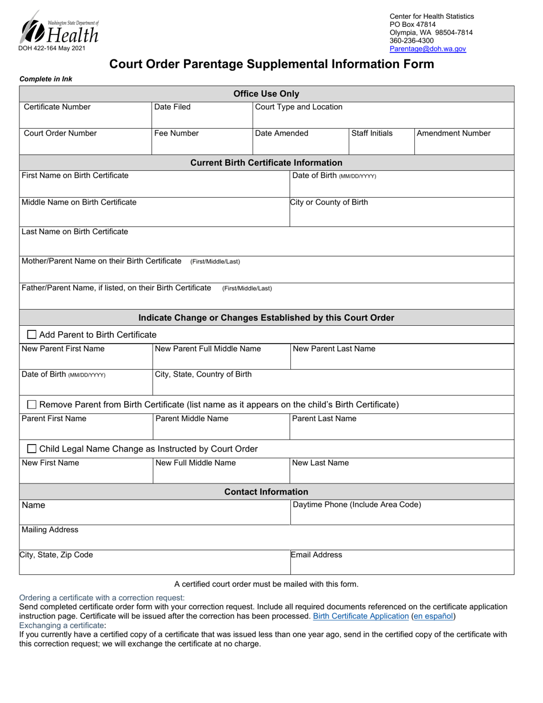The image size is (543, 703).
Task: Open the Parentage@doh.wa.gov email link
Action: [x=428, y=49]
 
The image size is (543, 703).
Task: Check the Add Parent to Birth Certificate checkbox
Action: [x=32, y=334]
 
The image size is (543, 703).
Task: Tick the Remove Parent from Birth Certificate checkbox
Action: [x=32, y=405]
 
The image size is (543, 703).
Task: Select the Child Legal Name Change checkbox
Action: [x=32, y=449]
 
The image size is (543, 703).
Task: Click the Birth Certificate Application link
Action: [x=361, y=616]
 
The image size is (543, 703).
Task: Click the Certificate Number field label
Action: [x=57, y=107]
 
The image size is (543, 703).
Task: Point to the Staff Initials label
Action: [x=372, y=134]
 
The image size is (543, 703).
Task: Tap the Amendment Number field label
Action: [x=453, y=134]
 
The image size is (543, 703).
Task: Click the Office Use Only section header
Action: [x=266, y=94]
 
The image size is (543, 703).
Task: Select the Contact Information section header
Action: [x=266, y=492]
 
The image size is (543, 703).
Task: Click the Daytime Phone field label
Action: [x=357, y=505]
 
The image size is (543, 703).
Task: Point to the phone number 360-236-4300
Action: [x=412, y=41]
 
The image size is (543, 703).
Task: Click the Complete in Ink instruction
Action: [x=46, y=79]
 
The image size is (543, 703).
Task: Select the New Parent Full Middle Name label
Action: [x=208, y=349]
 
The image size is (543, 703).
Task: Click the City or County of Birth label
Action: [x=329, y=202]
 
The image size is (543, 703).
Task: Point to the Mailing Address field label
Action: [x=50, y=530]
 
